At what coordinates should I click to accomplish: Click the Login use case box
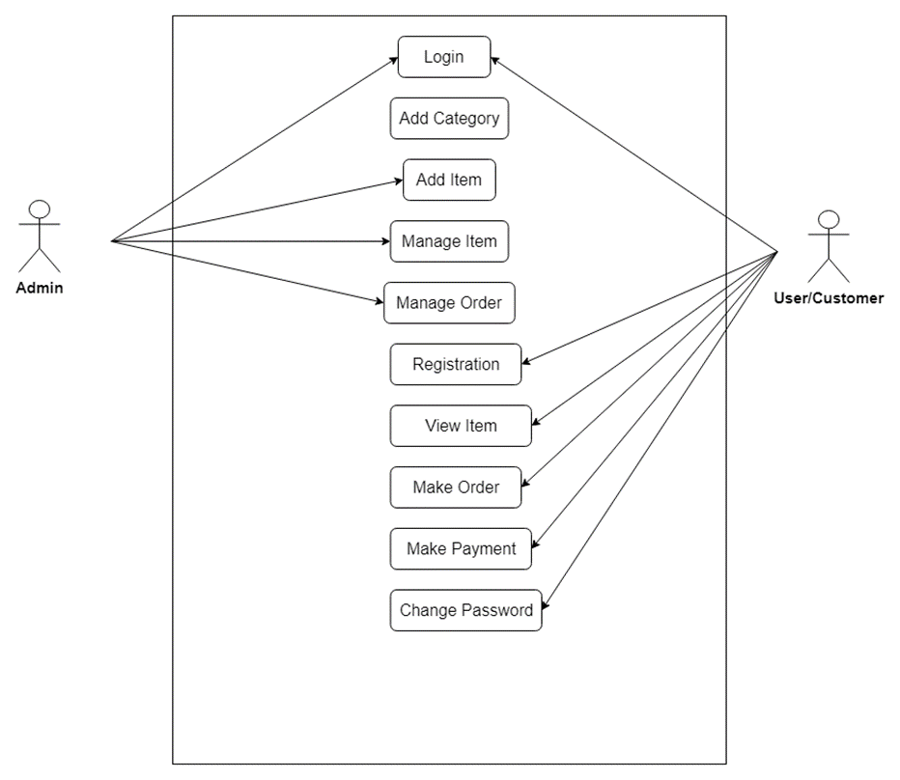[x=444, y=57]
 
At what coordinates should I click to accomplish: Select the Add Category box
[x=449, y=119]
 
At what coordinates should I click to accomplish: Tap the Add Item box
[x=449, y=180]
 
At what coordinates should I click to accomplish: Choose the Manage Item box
[x=449, y=241]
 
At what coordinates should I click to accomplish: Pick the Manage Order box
[x=449, y=303]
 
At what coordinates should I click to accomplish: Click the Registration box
[x=456, y=365]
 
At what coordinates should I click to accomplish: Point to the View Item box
[x=461, y=426]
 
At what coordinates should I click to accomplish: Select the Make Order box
[x=456, y=487]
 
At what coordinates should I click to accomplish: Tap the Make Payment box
[x=461, y=548]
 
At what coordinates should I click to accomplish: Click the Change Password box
[x=465, y=610]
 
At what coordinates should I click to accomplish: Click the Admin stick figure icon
[x=40, y=237]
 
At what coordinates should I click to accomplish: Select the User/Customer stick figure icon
[x=829, y=246]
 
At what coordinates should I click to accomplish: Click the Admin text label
[x=40, y=288]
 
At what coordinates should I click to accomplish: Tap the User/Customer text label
[x=829, y=298]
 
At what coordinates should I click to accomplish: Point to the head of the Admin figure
[x=40, y=209]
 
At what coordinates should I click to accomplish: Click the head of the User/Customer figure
[x=829, y=219]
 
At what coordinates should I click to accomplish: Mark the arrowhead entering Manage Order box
[x=379, y=302]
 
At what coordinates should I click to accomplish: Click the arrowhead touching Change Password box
[x=547, y=607]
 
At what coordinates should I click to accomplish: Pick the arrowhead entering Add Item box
[x=397, y=180]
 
